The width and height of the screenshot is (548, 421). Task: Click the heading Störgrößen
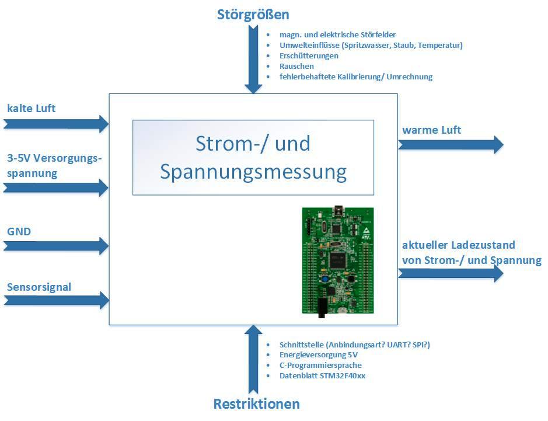[253, 15]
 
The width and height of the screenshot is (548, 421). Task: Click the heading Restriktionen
[256, 403]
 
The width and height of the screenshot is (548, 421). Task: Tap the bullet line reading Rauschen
[296, 66]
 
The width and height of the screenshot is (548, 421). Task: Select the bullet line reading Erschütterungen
[309, 55]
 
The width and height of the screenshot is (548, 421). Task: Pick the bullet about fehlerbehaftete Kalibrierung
[356, 76]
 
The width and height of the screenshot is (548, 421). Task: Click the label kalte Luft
[32, 108]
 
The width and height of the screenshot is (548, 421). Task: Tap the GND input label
[19, 232]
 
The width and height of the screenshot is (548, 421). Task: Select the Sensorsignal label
[39, 287]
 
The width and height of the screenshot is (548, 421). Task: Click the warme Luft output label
[431, 130]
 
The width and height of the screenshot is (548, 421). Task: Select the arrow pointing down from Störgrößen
[253, 58]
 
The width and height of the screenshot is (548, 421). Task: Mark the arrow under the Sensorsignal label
[55, 300]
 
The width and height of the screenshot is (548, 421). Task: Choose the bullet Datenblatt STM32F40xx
[323, 375]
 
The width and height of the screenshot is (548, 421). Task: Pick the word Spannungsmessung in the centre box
[253, 172]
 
